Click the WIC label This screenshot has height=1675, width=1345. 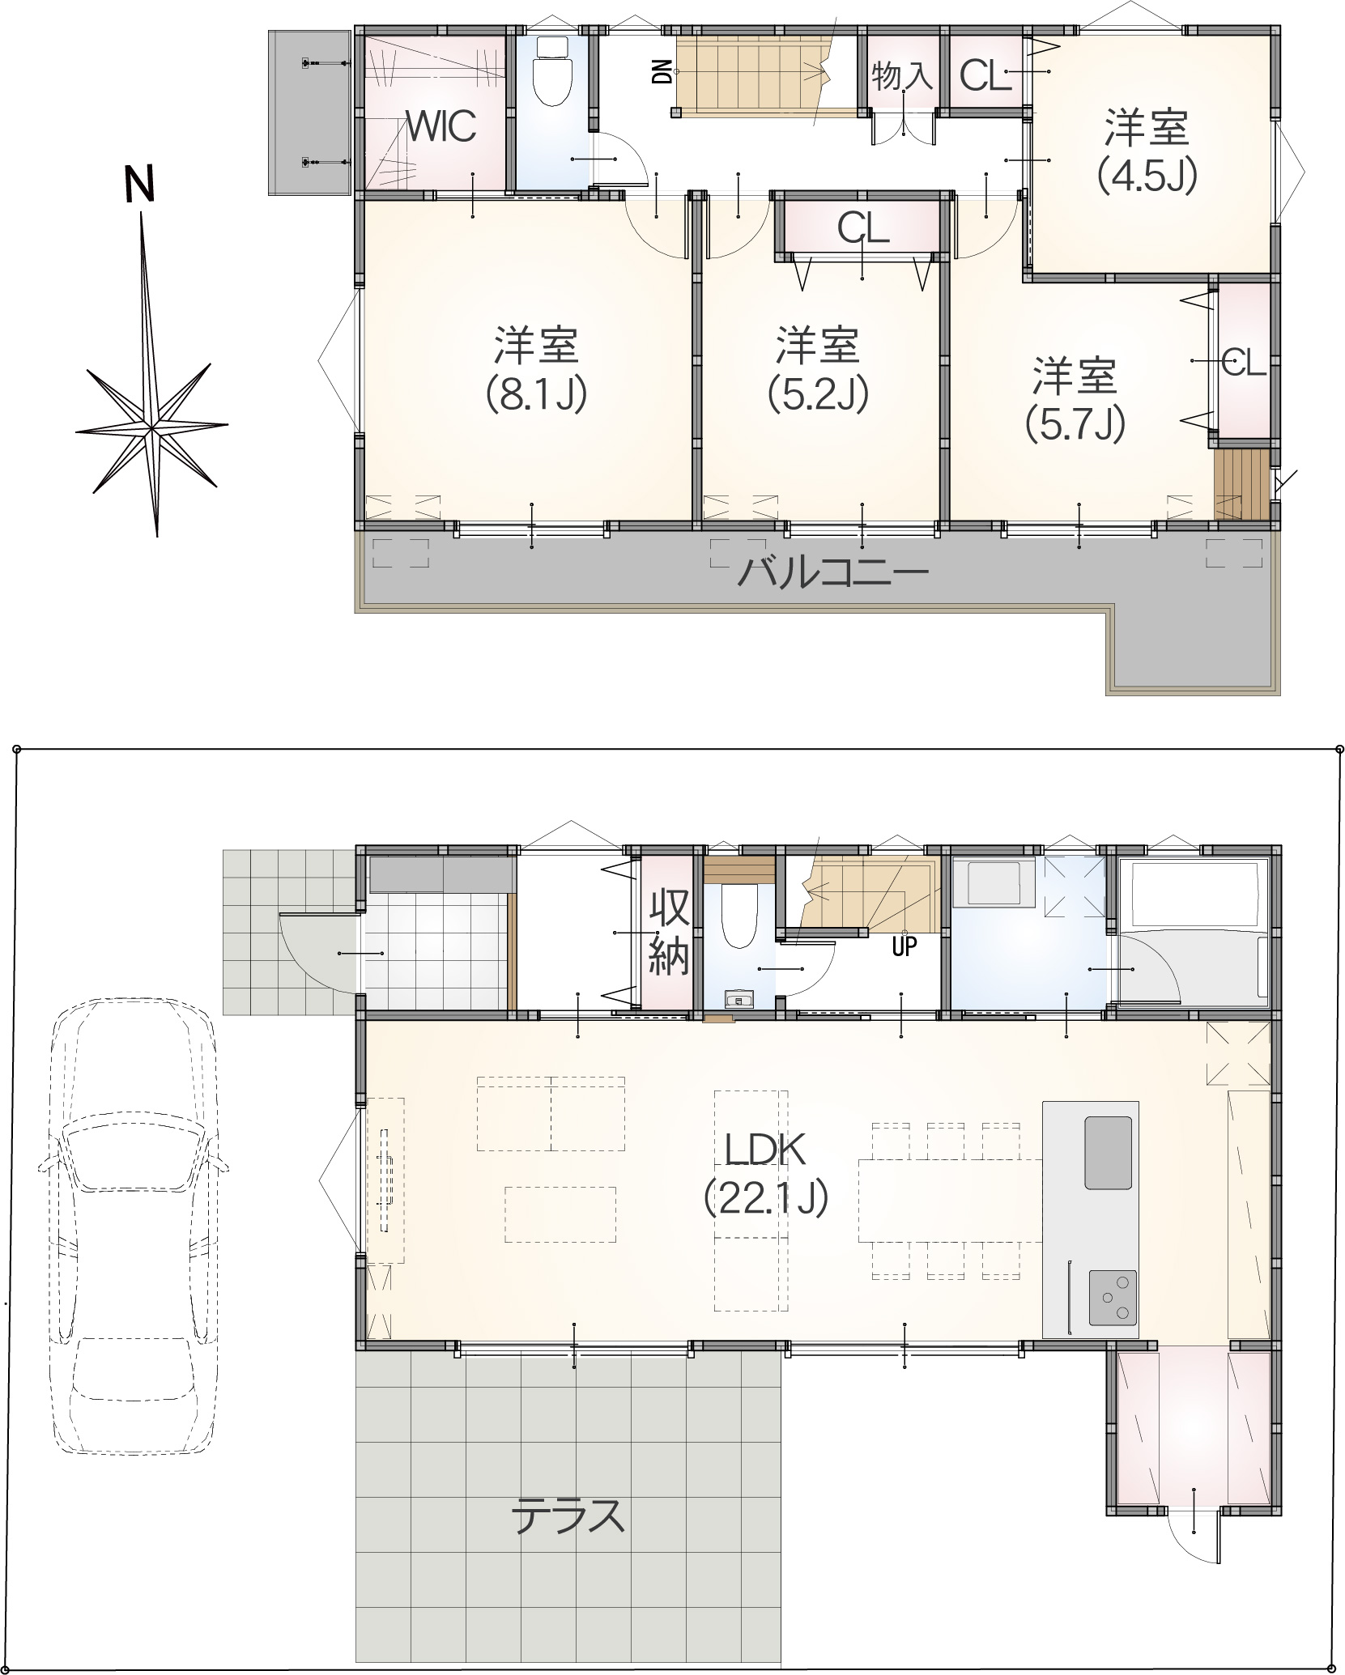(x=441, y=126)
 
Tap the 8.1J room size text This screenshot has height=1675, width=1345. (x=536, y=394)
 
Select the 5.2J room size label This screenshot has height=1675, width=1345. (x=818, y=394)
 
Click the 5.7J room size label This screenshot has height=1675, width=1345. (x=1075, y=423)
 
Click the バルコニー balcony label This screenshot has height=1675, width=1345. (x=833, y=574)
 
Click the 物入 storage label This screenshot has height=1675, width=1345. (x=902, y=77)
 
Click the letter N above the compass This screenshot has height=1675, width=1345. (x=139, y=184)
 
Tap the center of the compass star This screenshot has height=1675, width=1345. (x=152, y=427)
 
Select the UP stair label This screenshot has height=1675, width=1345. (x=904, y=946)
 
